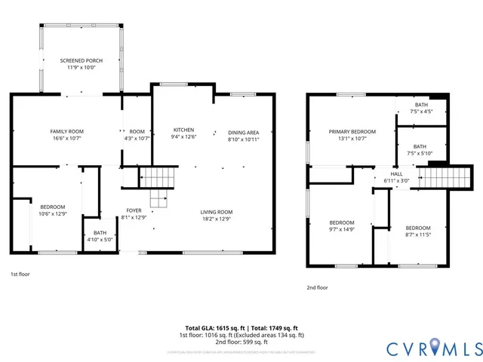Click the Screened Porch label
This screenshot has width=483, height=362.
pyautogui.click(x=82, y=60)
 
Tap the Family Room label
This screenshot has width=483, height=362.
pyautogui.click(x=66, y=130)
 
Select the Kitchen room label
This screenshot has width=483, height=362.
pyautogui.click(x=184, y=129)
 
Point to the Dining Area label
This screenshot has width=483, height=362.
pyautogui.click(x=243, y=132)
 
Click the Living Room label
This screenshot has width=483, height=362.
pyautogui.click(x=216, y=211)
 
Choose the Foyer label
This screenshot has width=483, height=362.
pyautogui.click(x=134, y=210)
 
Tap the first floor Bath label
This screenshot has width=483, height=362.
pyautogui.click(x=100, y=232)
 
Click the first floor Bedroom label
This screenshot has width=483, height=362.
pyautogui.click(x=52, y=207)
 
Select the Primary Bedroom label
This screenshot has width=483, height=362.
pyautogui.click(x=352, y=131)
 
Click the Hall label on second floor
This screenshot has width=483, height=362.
pyautogui.click(x=396, y=173)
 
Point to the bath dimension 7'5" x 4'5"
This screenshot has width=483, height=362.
pyautogui.click(x=420, y=112)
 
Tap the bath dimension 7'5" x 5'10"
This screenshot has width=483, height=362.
pyautogui.click(x=420, y=154)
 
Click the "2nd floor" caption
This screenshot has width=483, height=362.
pyautogui.click(x=317, y=287)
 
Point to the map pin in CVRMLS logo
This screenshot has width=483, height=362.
pyautogui.click(x=418, y=348)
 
